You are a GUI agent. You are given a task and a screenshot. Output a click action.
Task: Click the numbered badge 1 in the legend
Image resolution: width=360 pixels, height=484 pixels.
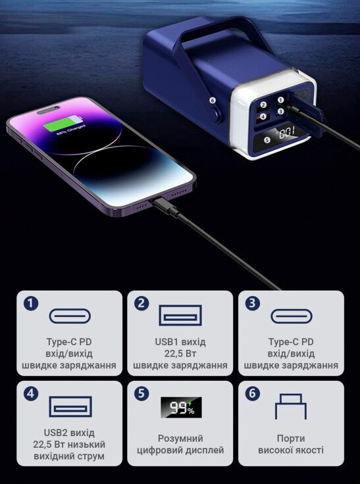click(31, 304)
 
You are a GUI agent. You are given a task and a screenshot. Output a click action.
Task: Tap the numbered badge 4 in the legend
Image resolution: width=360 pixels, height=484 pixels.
click(31, 394)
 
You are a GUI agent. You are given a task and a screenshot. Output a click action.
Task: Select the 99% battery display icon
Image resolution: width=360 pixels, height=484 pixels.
click(181, 408)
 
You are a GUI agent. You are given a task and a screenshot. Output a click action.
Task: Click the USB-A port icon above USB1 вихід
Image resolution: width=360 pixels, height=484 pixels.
click(180, 315)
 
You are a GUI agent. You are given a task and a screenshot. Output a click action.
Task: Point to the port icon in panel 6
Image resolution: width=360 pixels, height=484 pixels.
click(291, 406)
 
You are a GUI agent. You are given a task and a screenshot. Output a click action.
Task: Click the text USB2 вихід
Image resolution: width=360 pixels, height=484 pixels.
click(69, 433)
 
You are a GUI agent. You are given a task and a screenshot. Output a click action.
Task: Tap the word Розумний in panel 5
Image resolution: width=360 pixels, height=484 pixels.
click(180, 439)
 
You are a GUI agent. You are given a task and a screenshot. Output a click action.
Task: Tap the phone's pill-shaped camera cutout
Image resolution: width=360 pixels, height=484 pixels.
click(49, 110)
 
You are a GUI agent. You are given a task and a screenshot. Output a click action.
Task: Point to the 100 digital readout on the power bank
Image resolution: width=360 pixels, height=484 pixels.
click(287, 132)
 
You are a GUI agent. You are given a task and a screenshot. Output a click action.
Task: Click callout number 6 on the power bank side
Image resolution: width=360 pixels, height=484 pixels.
click(212, 101)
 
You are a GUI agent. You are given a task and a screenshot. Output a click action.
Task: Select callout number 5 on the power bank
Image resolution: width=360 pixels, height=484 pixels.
click(268, 140)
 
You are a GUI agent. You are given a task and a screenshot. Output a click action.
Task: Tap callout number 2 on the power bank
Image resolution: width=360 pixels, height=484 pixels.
click(263, 105)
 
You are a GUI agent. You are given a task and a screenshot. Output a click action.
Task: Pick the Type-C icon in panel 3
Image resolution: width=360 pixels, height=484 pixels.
click(292, 316)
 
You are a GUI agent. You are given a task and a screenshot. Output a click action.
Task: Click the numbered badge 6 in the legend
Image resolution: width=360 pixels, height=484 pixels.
click(253, 394)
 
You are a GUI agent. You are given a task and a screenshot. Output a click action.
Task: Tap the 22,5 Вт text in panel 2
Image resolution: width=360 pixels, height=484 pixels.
click(180, 354)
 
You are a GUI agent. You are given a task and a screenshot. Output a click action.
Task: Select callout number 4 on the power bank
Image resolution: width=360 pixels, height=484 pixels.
click(263, 116)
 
